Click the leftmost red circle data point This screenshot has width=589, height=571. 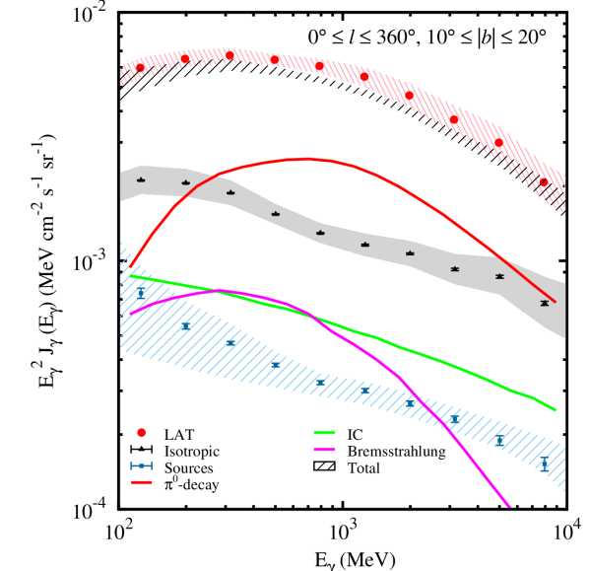point(140,68)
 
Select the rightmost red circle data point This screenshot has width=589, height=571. point(544,182)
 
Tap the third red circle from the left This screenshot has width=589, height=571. point(229,55)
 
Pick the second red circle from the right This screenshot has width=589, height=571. point(498,143)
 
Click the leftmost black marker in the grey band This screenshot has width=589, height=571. point(141,179)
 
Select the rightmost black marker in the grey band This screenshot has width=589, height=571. point(544,303)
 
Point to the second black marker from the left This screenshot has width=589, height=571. point(185,182)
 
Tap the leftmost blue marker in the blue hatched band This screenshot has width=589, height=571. point(140,293)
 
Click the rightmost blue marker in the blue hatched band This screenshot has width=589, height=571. point(544,465)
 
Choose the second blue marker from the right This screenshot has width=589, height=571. point(499,442)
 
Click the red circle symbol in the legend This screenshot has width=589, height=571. point(141,433)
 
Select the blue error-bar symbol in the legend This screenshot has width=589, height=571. point(141,465)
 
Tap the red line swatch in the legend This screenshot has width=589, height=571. point(142,482)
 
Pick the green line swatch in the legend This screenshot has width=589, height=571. point(324,432)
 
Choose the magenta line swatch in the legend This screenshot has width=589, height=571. point(324,449)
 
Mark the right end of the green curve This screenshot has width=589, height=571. point(556,409)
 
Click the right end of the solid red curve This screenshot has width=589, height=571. point(555,302)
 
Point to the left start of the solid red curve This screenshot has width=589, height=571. point(131,268)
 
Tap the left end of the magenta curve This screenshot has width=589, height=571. point(131,314)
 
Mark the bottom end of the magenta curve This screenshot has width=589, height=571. point(509,506)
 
